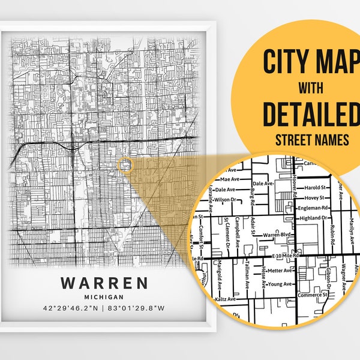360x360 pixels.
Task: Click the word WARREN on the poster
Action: pos(104,283)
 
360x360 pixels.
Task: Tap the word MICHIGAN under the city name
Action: pos(104,296)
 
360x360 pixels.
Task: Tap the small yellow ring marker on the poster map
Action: pos(125,165)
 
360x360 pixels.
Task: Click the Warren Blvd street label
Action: pos(275,235)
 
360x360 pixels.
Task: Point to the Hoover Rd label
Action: pos(295,182)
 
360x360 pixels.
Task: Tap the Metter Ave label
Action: pos(279,271)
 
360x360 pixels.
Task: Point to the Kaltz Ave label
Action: pos(223,298)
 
